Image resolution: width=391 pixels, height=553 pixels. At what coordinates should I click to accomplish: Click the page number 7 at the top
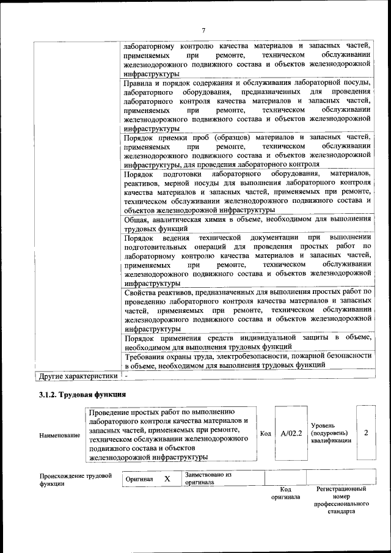204,31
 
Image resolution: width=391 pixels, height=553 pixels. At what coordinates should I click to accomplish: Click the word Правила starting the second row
138,84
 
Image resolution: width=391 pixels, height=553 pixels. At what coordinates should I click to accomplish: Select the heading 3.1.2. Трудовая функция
82,394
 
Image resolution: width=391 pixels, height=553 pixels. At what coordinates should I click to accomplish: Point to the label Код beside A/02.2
265,433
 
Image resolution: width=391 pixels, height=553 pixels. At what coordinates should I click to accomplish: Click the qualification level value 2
365,433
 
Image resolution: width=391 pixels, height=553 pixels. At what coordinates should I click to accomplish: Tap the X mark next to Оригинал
167,479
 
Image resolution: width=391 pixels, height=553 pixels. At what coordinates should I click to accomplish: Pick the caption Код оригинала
285,493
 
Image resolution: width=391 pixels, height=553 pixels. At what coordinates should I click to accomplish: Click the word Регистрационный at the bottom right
341,489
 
